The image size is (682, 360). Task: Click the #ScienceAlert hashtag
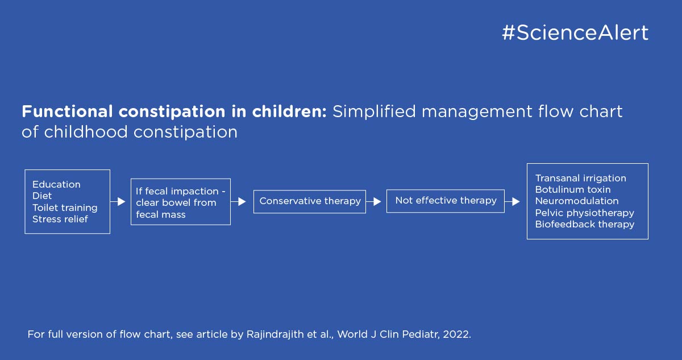point(575,32)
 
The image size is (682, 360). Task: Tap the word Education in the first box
point(56,184)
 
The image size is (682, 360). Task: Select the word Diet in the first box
point(42,196)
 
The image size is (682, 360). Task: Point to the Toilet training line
point(65,208)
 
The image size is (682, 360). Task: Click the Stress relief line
point(60,219)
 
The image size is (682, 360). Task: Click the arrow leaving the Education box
point(118,201)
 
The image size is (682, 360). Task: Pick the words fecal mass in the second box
point(161,214)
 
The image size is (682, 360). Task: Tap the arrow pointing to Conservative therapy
point(238,201)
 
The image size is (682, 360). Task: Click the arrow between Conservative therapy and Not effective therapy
point(373,201)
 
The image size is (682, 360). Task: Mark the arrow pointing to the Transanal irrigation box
point(512,201)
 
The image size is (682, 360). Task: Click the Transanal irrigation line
point(581,178)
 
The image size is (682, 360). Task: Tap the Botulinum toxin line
point(573,189)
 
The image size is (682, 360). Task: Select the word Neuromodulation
point(577,201)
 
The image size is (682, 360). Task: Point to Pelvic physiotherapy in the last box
point(585,213)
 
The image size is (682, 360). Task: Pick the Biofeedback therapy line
point(585,224)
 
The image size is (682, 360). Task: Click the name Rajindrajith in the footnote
point(275,334)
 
